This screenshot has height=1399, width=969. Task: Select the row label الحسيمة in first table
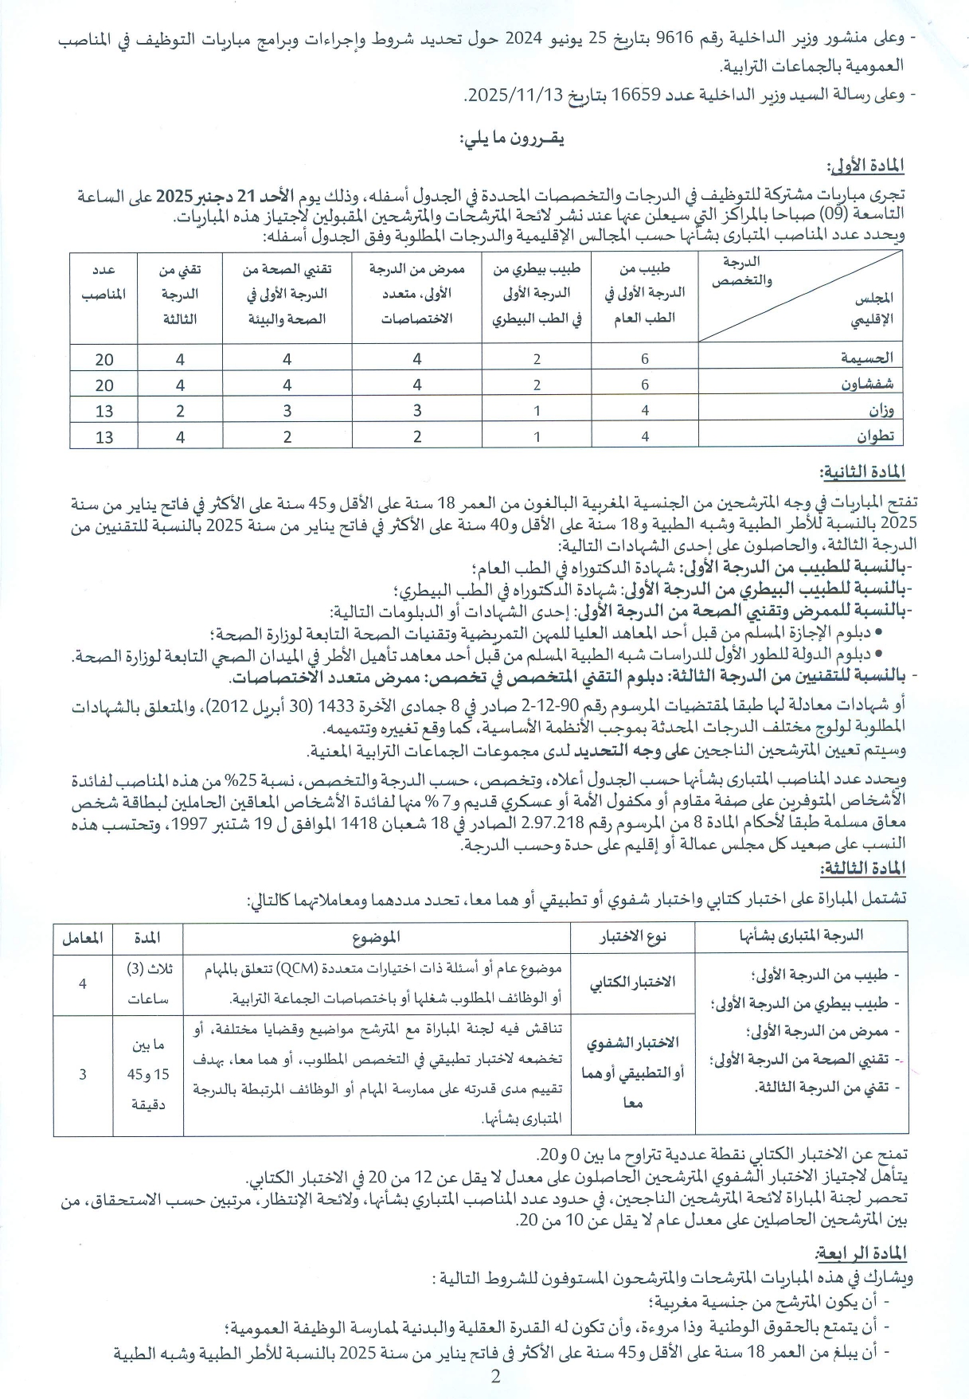click(867, 358)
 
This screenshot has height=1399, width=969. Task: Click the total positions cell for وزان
click(104, 411)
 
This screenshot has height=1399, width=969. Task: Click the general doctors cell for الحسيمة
click(644, 359)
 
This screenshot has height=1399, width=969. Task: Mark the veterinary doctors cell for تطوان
click(537, 436)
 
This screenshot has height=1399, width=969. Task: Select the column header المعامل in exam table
click(82, 938)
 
